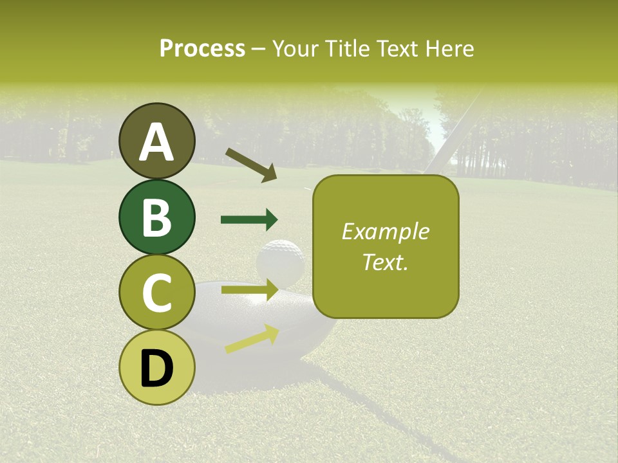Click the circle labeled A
(156, 141)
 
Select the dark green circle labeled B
(156, 217)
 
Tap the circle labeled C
(156, 293)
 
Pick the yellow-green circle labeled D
(156, 368)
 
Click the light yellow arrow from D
(252, 339)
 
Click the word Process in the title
(202, 48)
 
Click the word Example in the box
(385, 232)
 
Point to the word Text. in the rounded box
(385, 262)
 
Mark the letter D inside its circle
(156, 368)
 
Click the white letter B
(156, 217)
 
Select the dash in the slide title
(259, 49)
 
